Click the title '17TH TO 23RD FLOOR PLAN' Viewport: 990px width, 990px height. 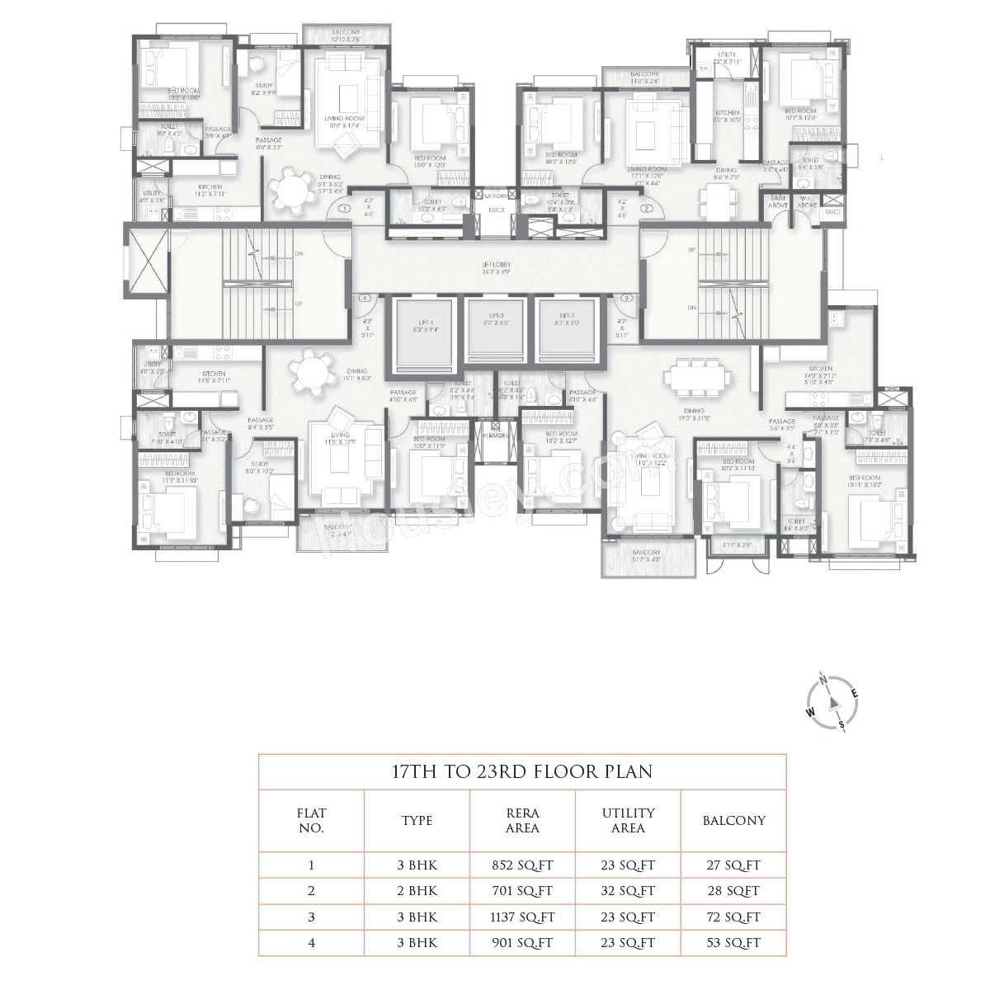click(x=521, y=772)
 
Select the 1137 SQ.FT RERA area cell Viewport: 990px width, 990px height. click(x=521, y=917)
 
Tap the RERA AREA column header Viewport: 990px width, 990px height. click(x=521, y=820)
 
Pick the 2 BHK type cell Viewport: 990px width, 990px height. click(x=417, y=891)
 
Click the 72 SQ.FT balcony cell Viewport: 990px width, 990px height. click(x=733, y=917)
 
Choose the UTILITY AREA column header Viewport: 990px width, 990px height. click(x=628, y=820)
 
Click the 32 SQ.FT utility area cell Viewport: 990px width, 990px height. click(x=628, y=891)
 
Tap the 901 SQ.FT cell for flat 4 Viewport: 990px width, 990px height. click(x=521, y=942)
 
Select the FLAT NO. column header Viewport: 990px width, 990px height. click(x=311, y=820)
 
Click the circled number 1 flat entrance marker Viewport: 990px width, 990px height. click(x=344, y=209)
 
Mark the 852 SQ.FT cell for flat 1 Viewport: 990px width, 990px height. click(x=521, y=865)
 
